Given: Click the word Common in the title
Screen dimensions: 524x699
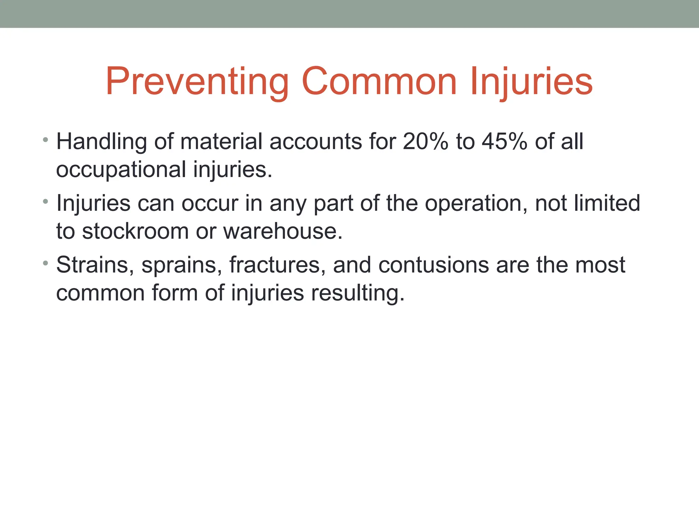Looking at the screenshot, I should click(379, 82).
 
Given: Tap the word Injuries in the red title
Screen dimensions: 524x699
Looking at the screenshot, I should click(531, 82).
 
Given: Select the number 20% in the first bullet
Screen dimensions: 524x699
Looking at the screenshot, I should click(425, 141).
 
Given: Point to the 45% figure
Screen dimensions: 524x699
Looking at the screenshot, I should click(504, 141).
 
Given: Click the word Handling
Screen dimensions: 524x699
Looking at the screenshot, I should click(101, 142).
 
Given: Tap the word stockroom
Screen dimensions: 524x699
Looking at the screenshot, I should click(135, 231).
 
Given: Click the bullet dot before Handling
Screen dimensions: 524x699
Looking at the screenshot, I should click(45, 140).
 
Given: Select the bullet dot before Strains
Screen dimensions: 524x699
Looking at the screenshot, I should click(45, 263).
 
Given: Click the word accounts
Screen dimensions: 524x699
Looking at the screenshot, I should click(316, 141).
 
